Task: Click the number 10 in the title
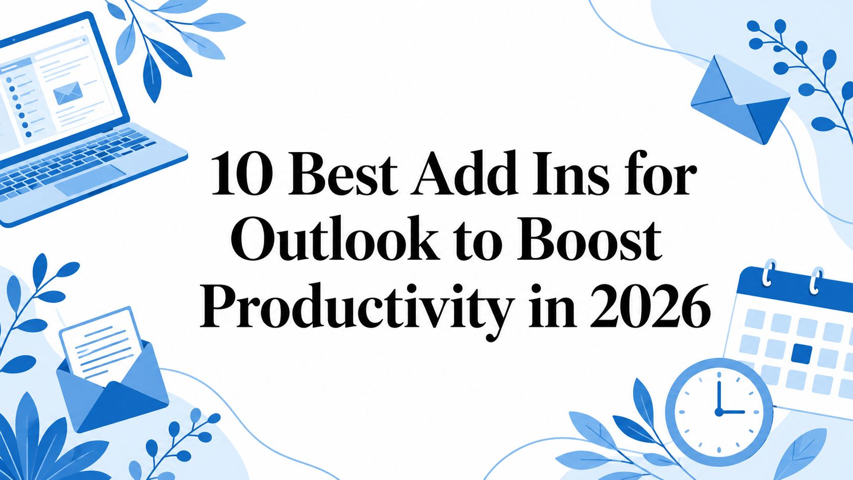tap(242, 173)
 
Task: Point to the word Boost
tap(588, 240)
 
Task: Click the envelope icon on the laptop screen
tap(68, 93)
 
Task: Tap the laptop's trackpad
tap(90, 181)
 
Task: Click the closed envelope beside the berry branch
tap(740, 99)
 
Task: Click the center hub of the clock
tap(719, 412)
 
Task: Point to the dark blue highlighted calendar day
tap(801, 353)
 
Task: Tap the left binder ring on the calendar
tap(769, 272)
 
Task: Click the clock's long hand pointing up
tap(719, 396)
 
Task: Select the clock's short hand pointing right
tap(732, 412)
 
